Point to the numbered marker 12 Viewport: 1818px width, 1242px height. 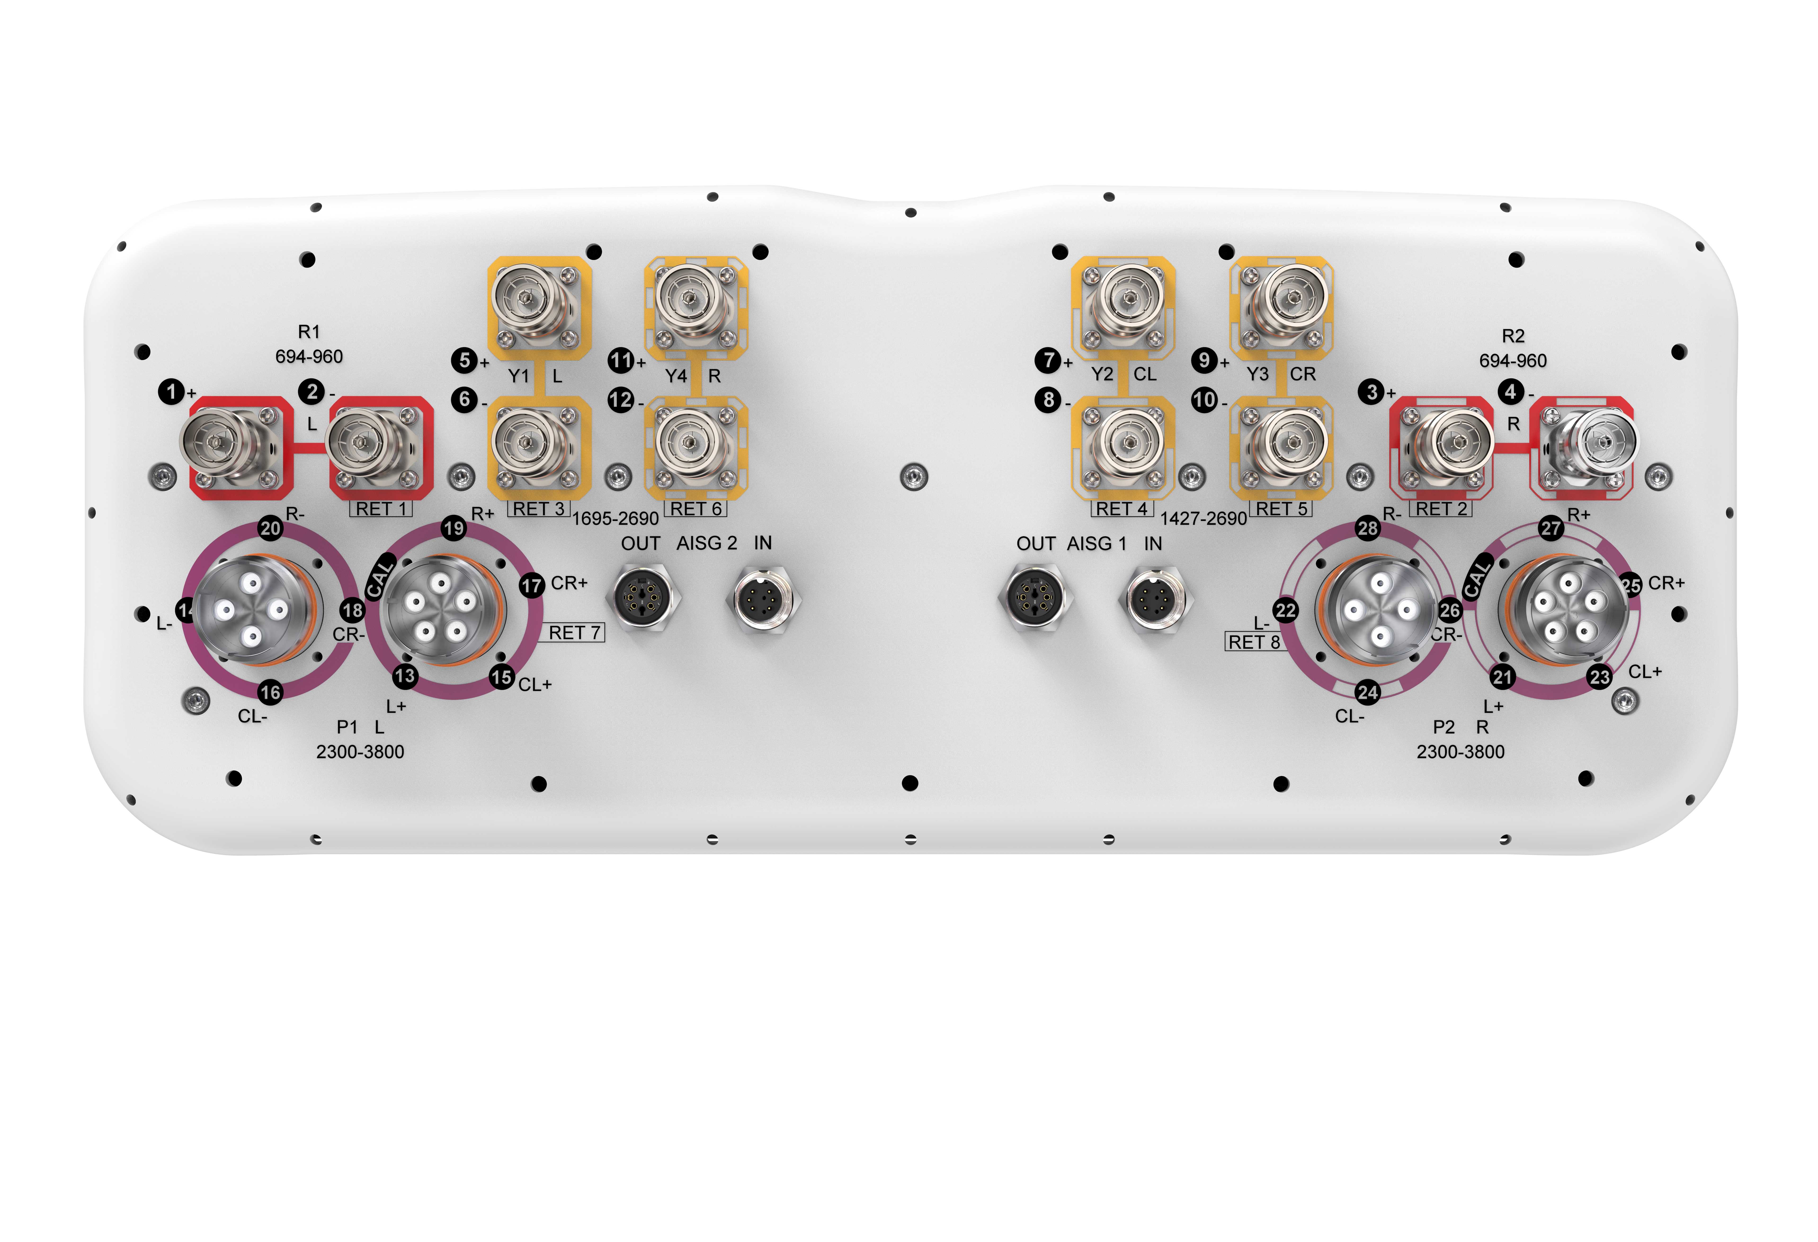[x=621, y=400]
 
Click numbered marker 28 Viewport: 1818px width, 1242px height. [x=1368, y=528]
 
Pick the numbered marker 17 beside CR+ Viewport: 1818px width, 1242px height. [x=532, y=585]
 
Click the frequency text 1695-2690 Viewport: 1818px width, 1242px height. [x=616, y=519]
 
